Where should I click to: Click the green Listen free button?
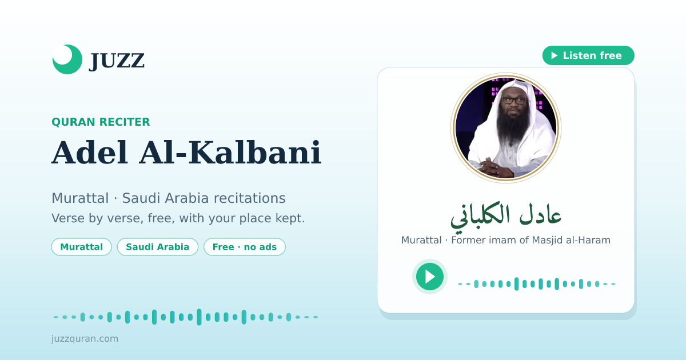588,55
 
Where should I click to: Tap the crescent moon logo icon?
67,59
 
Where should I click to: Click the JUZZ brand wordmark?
117,61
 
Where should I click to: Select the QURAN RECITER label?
101,122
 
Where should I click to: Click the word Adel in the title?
89,153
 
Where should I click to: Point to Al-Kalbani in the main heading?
230,153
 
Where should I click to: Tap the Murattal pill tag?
81,247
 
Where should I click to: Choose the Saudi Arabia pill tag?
158,247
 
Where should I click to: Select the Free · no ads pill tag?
245,247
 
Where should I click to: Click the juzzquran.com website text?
85,338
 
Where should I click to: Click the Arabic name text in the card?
506,215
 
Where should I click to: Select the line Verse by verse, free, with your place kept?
178,218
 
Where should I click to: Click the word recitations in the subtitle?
250,198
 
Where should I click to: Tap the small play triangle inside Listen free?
555,55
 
